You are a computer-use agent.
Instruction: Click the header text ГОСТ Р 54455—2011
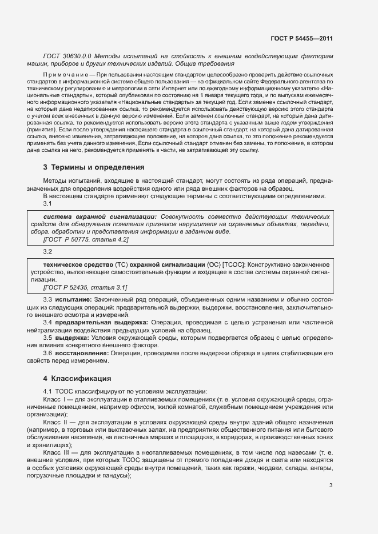(x=301, y=39)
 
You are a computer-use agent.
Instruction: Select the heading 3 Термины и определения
(x=94, y=167)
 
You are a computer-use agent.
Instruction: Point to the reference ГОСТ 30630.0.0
(x=66, y=56)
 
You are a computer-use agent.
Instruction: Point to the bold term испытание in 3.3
(x=74, y=300)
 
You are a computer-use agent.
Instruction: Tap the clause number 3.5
(x=48, y=338)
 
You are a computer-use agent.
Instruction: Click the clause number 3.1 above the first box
(x=48, y=203)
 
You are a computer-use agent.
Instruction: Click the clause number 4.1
(x=48, y=391)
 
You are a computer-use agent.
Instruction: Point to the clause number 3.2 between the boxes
(x=48, y=251)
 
